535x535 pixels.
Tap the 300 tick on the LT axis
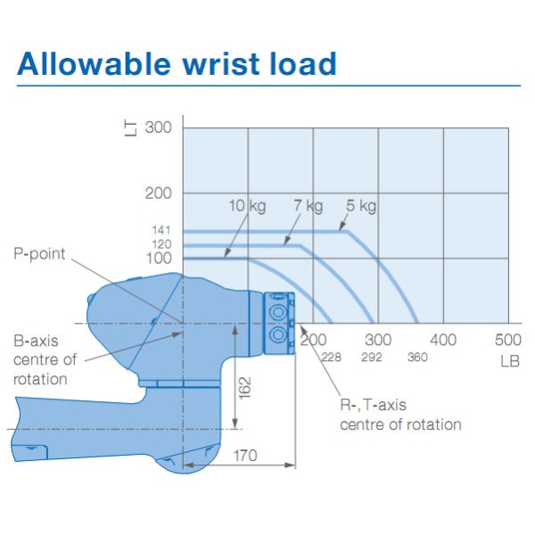pyautogui.click(x=158, y=128)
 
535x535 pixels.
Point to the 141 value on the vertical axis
pyautogui.click(x=161, y=230)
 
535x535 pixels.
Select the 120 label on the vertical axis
pyautogui.click(x=161, y=244)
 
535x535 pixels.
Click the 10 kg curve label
pyautogui.click(x=247, y=207)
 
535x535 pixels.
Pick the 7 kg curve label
pyautogui.click(x=309, y=206)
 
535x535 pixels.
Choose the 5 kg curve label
pyautogui.click(x=361, y=206)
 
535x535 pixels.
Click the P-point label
pyautogui.click(x=39, y=254)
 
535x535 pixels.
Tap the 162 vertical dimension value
pyautogui.click(x=244, y=388)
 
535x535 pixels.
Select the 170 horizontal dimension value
pyautogui.click(x=245, y=456)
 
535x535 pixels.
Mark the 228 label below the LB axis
pyautogui.click(x=332, y=358)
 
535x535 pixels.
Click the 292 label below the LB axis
pyautogui.click(x=372, y=357)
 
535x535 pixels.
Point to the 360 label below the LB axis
pyautogui.click(x=417, y=357)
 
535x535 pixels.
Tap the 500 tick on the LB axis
pyautogui.click(x=508, y=340)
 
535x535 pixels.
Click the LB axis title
pyautogui.click(x=510, y=362)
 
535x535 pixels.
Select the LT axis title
pyautogui.click(x=130, y=129)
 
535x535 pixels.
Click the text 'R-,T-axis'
pyautogui.click(x=373, y=405)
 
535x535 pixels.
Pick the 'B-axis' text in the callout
pyautogui.click(x=36, y=341)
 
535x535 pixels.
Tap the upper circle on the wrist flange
pyautogui.click(x=277, y=311)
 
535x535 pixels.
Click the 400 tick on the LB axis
pyautogui.click(x=443, y=340)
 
